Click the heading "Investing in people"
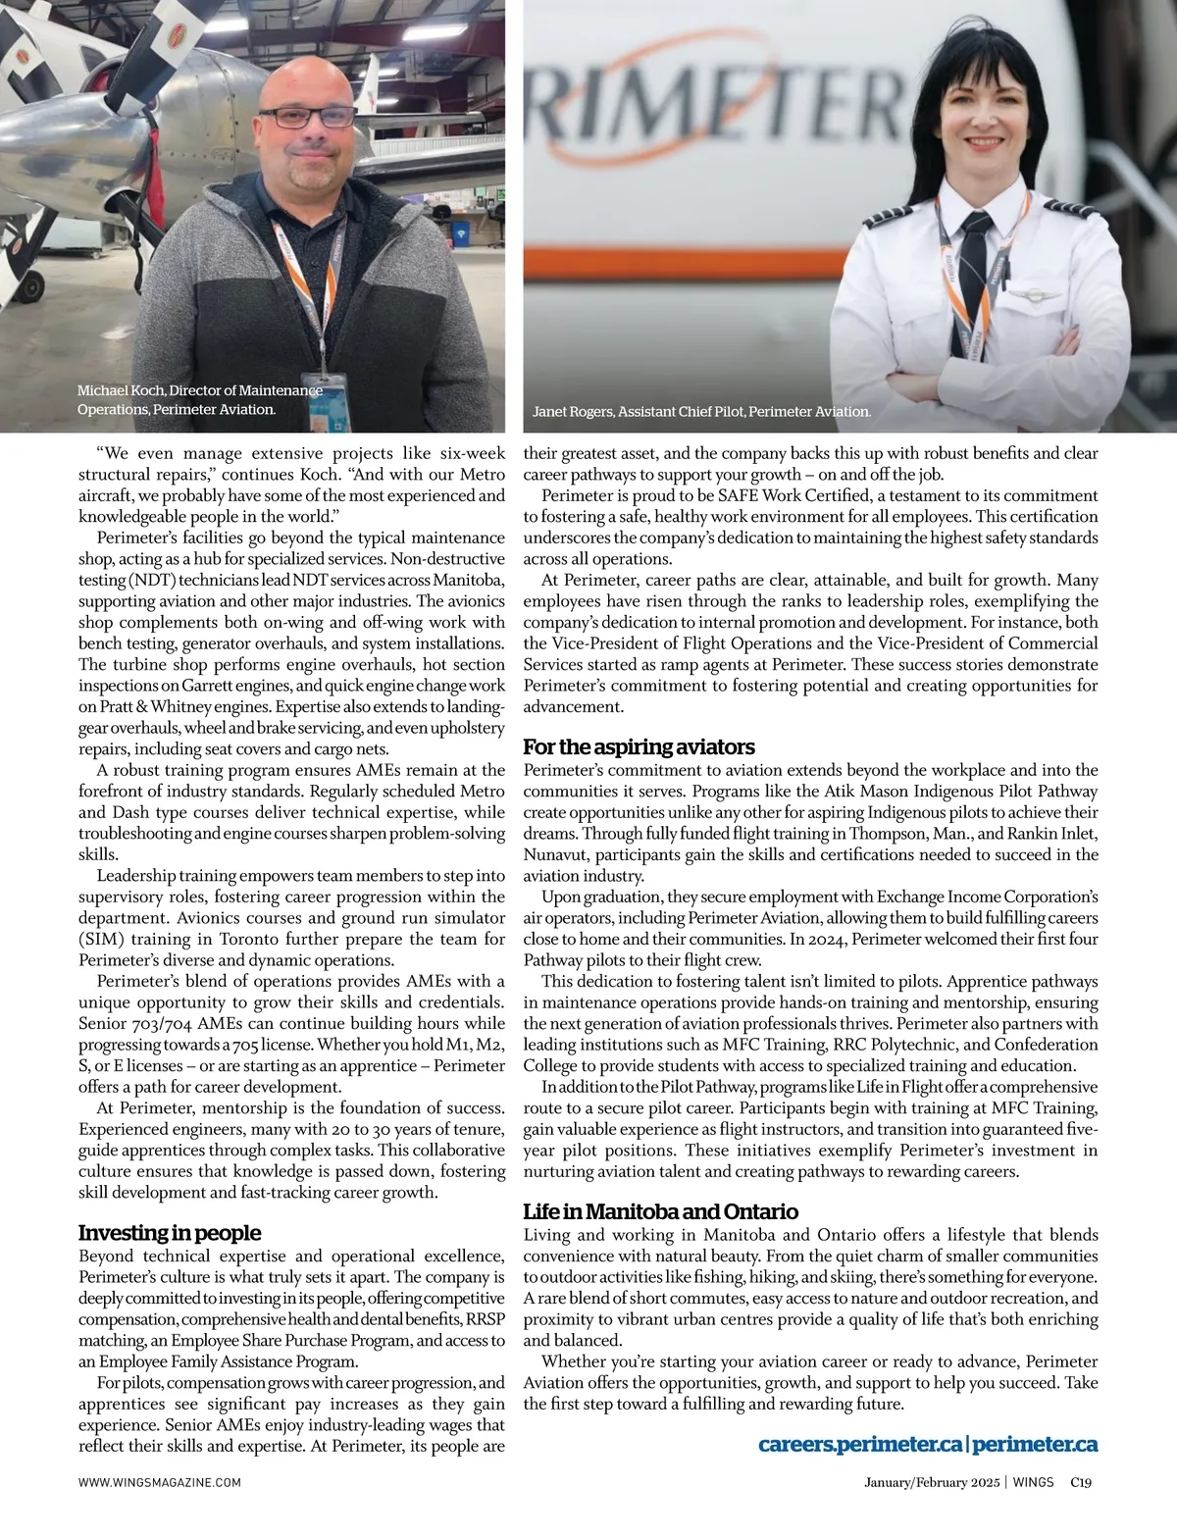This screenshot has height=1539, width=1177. pyautogui.click(x=170, y=1233)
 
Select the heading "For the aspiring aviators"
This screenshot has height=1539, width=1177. pyautogui.click(x=639, y=747)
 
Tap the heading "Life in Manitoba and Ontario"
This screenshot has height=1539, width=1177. pyautogui.click(x=660, y=1211)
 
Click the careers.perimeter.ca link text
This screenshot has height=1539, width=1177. pyautogui.click(x=860, y=1445)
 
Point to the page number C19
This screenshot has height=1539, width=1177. pyautogui.click(x=1081, y=1483)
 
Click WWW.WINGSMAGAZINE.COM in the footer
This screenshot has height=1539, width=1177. pyautogui.click(x=159, y=1483)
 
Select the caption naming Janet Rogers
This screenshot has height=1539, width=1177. pyautogui.click(x=701, y=412)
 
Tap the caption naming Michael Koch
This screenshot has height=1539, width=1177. pyautogui.click(x=199, y=400)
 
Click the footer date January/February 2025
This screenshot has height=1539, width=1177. pyautogui.click(x=931, y=1483)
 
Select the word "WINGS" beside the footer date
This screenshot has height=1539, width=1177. pyautogui.click(x=1034, y=1483)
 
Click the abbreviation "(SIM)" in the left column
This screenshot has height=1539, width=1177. pyautogui.click(x=100, y=939)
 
